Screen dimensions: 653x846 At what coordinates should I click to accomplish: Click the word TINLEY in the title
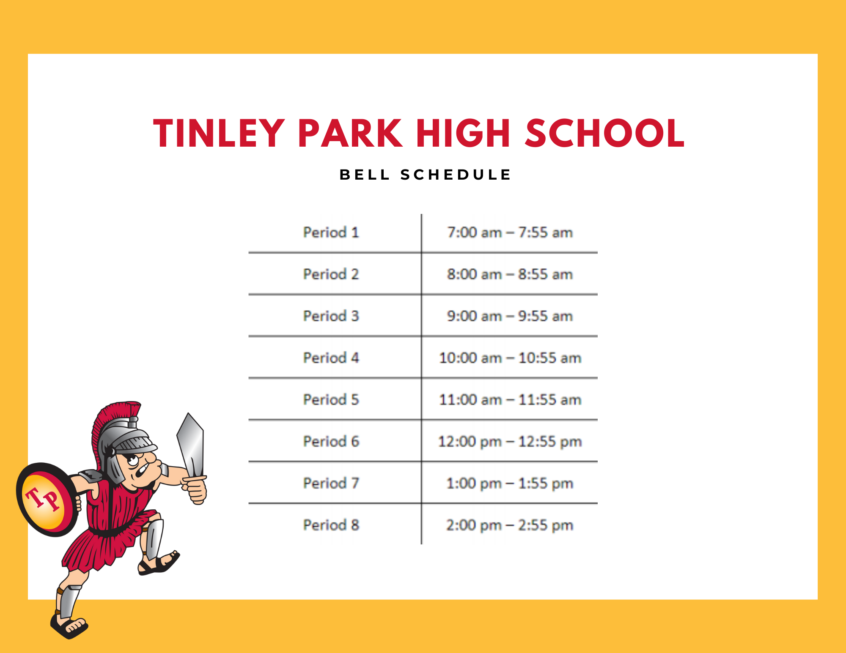(219, 133)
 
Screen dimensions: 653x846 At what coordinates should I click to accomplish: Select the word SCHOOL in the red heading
(604, 133)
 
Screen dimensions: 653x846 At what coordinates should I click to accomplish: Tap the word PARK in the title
(350, 133)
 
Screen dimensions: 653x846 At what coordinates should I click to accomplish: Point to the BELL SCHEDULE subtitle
(425, 175)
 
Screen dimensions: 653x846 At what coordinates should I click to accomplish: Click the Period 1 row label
(331, 232)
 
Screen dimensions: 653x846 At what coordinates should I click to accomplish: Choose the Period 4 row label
(331, 358)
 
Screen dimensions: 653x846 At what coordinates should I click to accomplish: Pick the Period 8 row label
(331, 525)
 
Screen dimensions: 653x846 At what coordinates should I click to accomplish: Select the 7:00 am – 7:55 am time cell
(510, 232)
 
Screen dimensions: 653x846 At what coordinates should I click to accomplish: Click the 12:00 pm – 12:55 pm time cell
(510, 442)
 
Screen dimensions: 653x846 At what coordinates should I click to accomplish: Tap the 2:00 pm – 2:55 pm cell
(510, 525)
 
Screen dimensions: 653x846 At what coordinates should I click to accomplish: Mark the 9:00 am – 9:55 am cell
(510, 316)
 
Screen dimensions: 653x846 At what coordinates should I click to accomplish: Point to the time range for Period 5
(510, 400)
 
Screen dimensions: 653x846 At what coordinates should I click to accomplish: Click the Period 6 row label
(331, 442)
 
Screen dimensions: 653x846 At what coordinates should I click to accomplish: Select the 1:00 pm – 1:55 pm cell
(510, 484)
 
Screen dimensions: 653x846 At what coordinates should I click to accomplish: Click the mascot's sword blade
(192, 444)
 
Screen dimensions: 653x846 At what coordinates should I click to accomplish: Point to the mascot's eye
(134, 460)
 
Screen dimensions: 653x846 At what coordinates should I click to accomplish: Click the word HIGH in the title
(463, 133)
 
